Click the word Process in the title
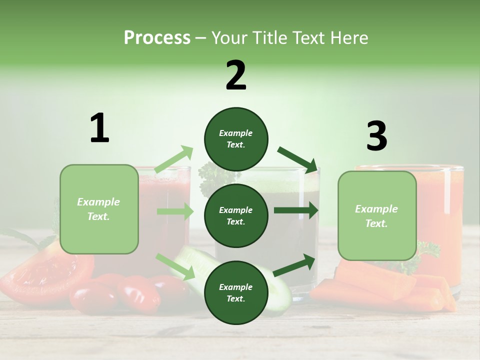click(157, 38)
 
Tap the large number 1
click(99, 128)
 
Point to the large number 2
click(236, 75)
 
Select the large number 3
click(376, 136)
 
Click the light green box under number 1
click(99, 209)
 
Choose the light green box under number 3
click(377, 215)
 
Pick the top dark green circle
click(236, 139)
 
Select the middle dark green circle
click(236, 215)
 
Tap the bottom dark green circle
click(236, 292)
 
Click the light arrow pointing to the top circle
click(174, 159)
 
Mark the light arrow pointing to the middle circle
click(175, 211)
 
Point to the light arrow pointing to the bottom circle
click(175, 266)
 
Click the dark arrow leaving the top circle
click(297, 159)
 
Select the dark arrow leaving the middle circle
click(296, 210)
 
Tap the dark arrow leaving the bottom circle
click(294, 265)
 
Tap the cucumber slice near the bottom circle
click(277, 290)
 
